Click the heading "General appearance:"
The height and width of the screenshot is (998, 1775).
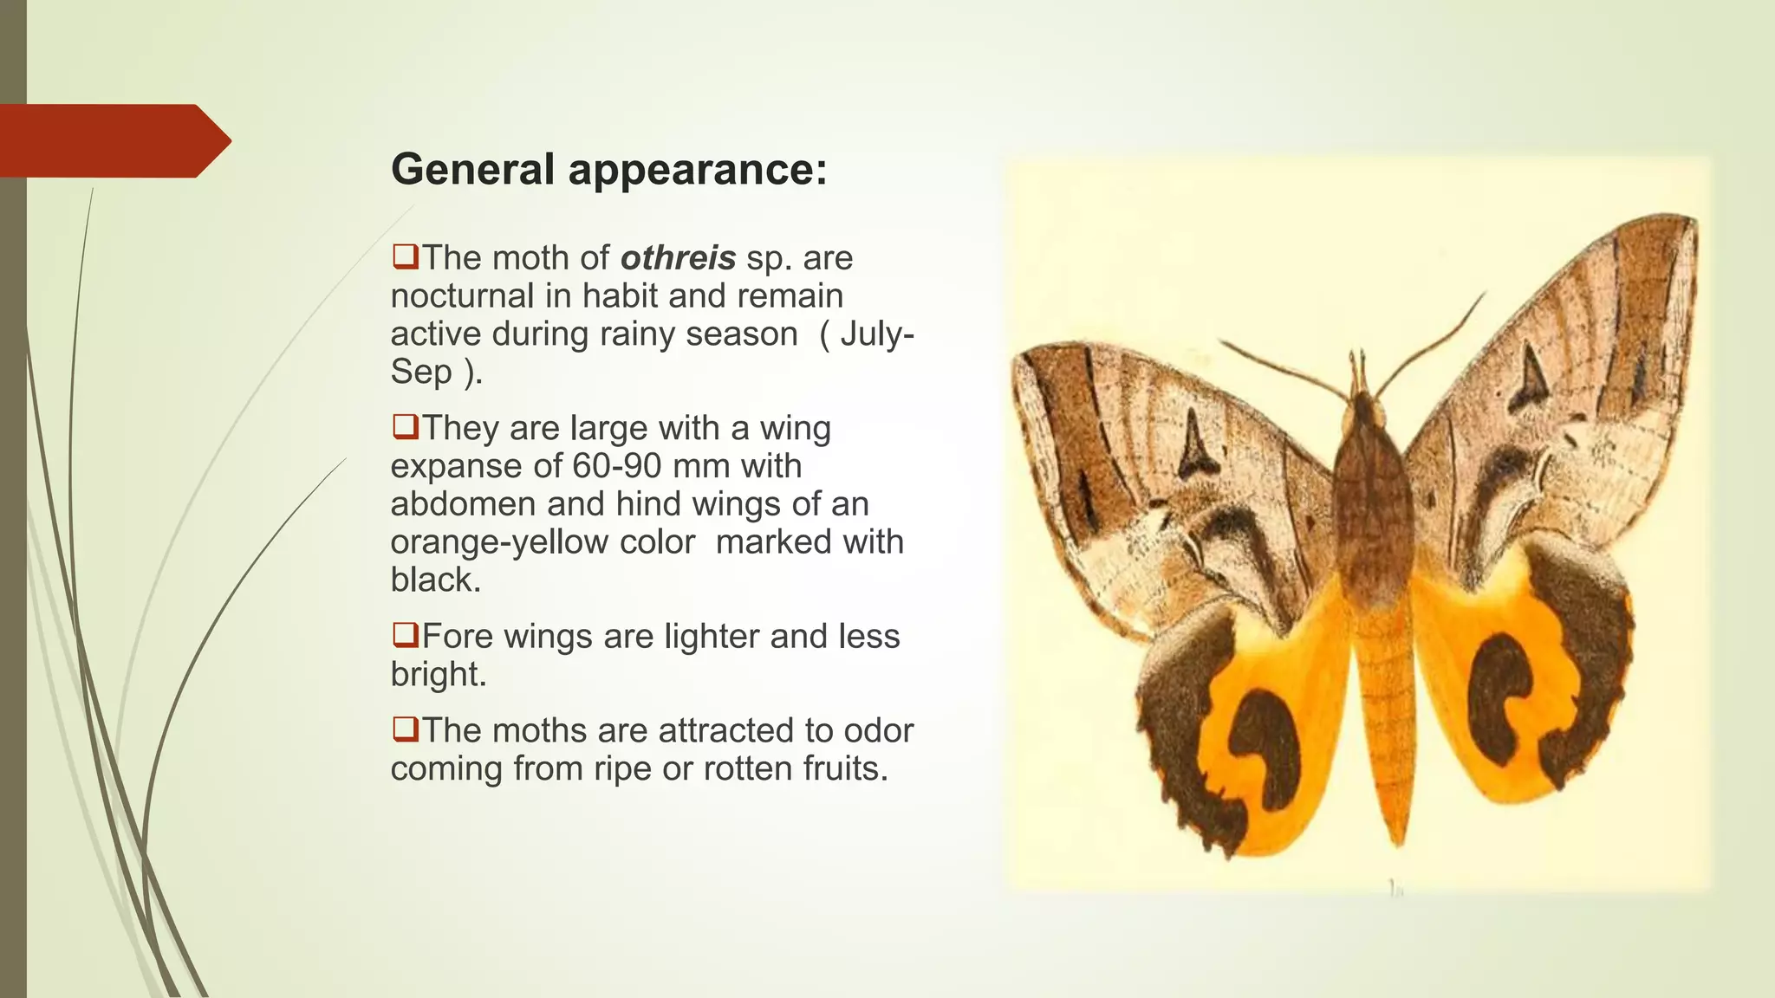pos(608,169)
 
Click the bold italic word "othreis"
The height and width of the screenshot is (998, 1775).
pos(678,258)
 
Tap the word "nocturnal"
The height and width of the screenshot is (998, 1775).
pos(462,296)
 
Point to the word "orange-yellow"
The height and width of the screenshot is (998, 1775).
pos(542,542)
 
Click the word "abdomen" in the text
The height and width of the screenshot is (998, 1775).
pos(449,504)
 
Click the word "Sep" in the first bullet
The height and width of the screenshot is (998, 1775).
pos(421,372)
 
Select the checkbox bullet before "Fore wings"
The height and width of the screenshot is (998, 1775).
pos(405,635)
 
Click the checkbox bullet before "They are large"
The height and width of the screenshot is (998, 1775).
pos(405,427)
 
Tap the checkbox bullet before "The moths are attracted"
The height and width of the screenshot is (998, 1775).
pos(405,729)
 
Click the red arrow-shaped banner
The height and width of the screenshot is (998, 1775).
pos(113,140)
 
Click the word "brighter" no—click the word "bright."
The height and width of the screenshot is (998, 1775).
pos(439,675)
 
